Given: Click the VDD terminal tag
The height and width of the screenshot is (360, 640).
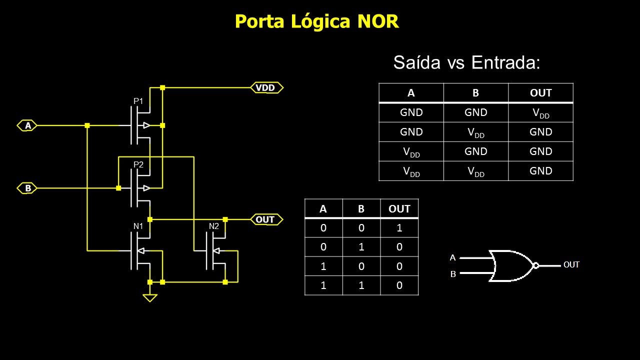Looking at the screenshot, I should (x=266, y=88).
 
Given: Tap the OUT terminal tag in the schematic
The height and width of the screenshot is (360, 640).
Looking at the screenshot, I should (x=265, y=219).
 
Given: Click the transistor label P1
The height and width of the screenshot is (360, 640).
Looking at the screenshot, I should (x=138, y=101).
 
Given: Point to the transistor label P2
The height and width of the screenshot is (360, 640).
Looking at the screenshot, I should (x=138, y=164).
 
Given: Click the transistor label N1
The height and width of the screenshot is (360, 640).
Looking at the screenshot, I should (x=138, y=226).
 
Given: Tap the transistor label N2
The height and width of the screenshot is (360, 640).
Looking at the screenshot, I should (x=214, y=226).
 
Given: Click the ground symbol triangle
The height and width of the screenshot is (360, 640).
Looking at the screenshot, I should (x=149, y=297).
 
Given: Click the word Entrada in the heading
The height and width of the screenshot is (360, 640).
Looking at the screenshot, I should (x=505, y=62).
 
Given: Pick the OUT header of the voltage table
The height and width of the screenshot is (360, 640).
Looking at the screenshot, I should (x=540, y=93).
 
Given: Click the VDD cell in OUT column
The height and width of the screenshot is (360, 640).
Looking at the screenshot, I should (x=540, y=113).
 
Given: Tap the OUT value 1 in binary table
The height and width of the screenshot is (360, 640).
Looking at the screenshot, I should (x=399, y=228).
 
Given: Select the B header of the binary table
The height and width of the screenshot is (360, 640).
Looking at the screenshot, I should (x=361, y=209).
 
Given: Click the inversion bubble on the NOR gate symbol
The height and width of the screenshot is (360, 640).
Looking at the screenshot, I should (x=535, y=265).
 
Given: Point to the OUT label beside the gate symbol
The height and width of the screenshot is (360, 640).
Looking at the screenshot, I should (x=571, y=265).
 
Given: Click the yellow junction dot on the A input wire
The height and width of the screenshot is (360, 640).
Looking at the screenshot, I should (x=87, y=125).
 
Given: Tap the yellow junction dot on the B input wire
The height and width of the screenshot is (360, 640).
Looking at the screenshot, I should (x=118, y=188).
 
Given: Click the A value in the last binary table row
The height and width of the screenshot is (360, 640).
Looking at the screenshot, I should (x=323, y=285).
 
